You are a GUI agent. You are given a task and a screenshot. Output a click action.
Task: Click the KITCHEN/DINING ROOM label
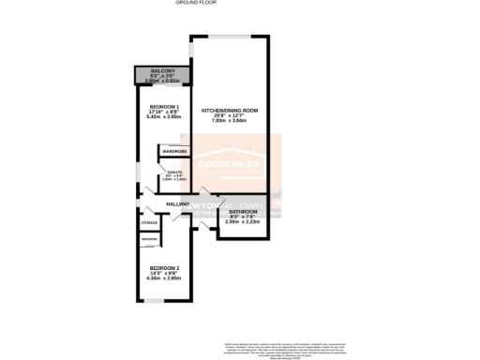(x=230, y=112)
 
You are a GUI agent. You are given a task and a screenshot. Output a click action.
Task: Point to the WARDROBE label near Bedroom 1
(x=174, y=152)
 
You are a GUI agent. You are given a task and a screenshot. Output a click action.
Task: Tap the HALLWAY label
(x=178, y=204)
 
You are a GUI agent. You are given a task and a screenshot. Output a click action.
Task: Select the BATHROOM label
(x=243, y=212)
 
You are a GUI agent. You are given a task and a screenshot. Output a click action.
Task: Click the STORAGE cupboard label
(x=149, y=223)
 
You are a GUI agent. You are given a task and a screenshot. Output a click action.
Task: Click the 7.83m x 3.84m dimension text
(x=230, y=123)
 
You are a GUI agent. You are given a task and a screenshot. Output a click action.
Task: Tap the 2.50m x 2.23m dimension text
(x=243, y=223)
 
